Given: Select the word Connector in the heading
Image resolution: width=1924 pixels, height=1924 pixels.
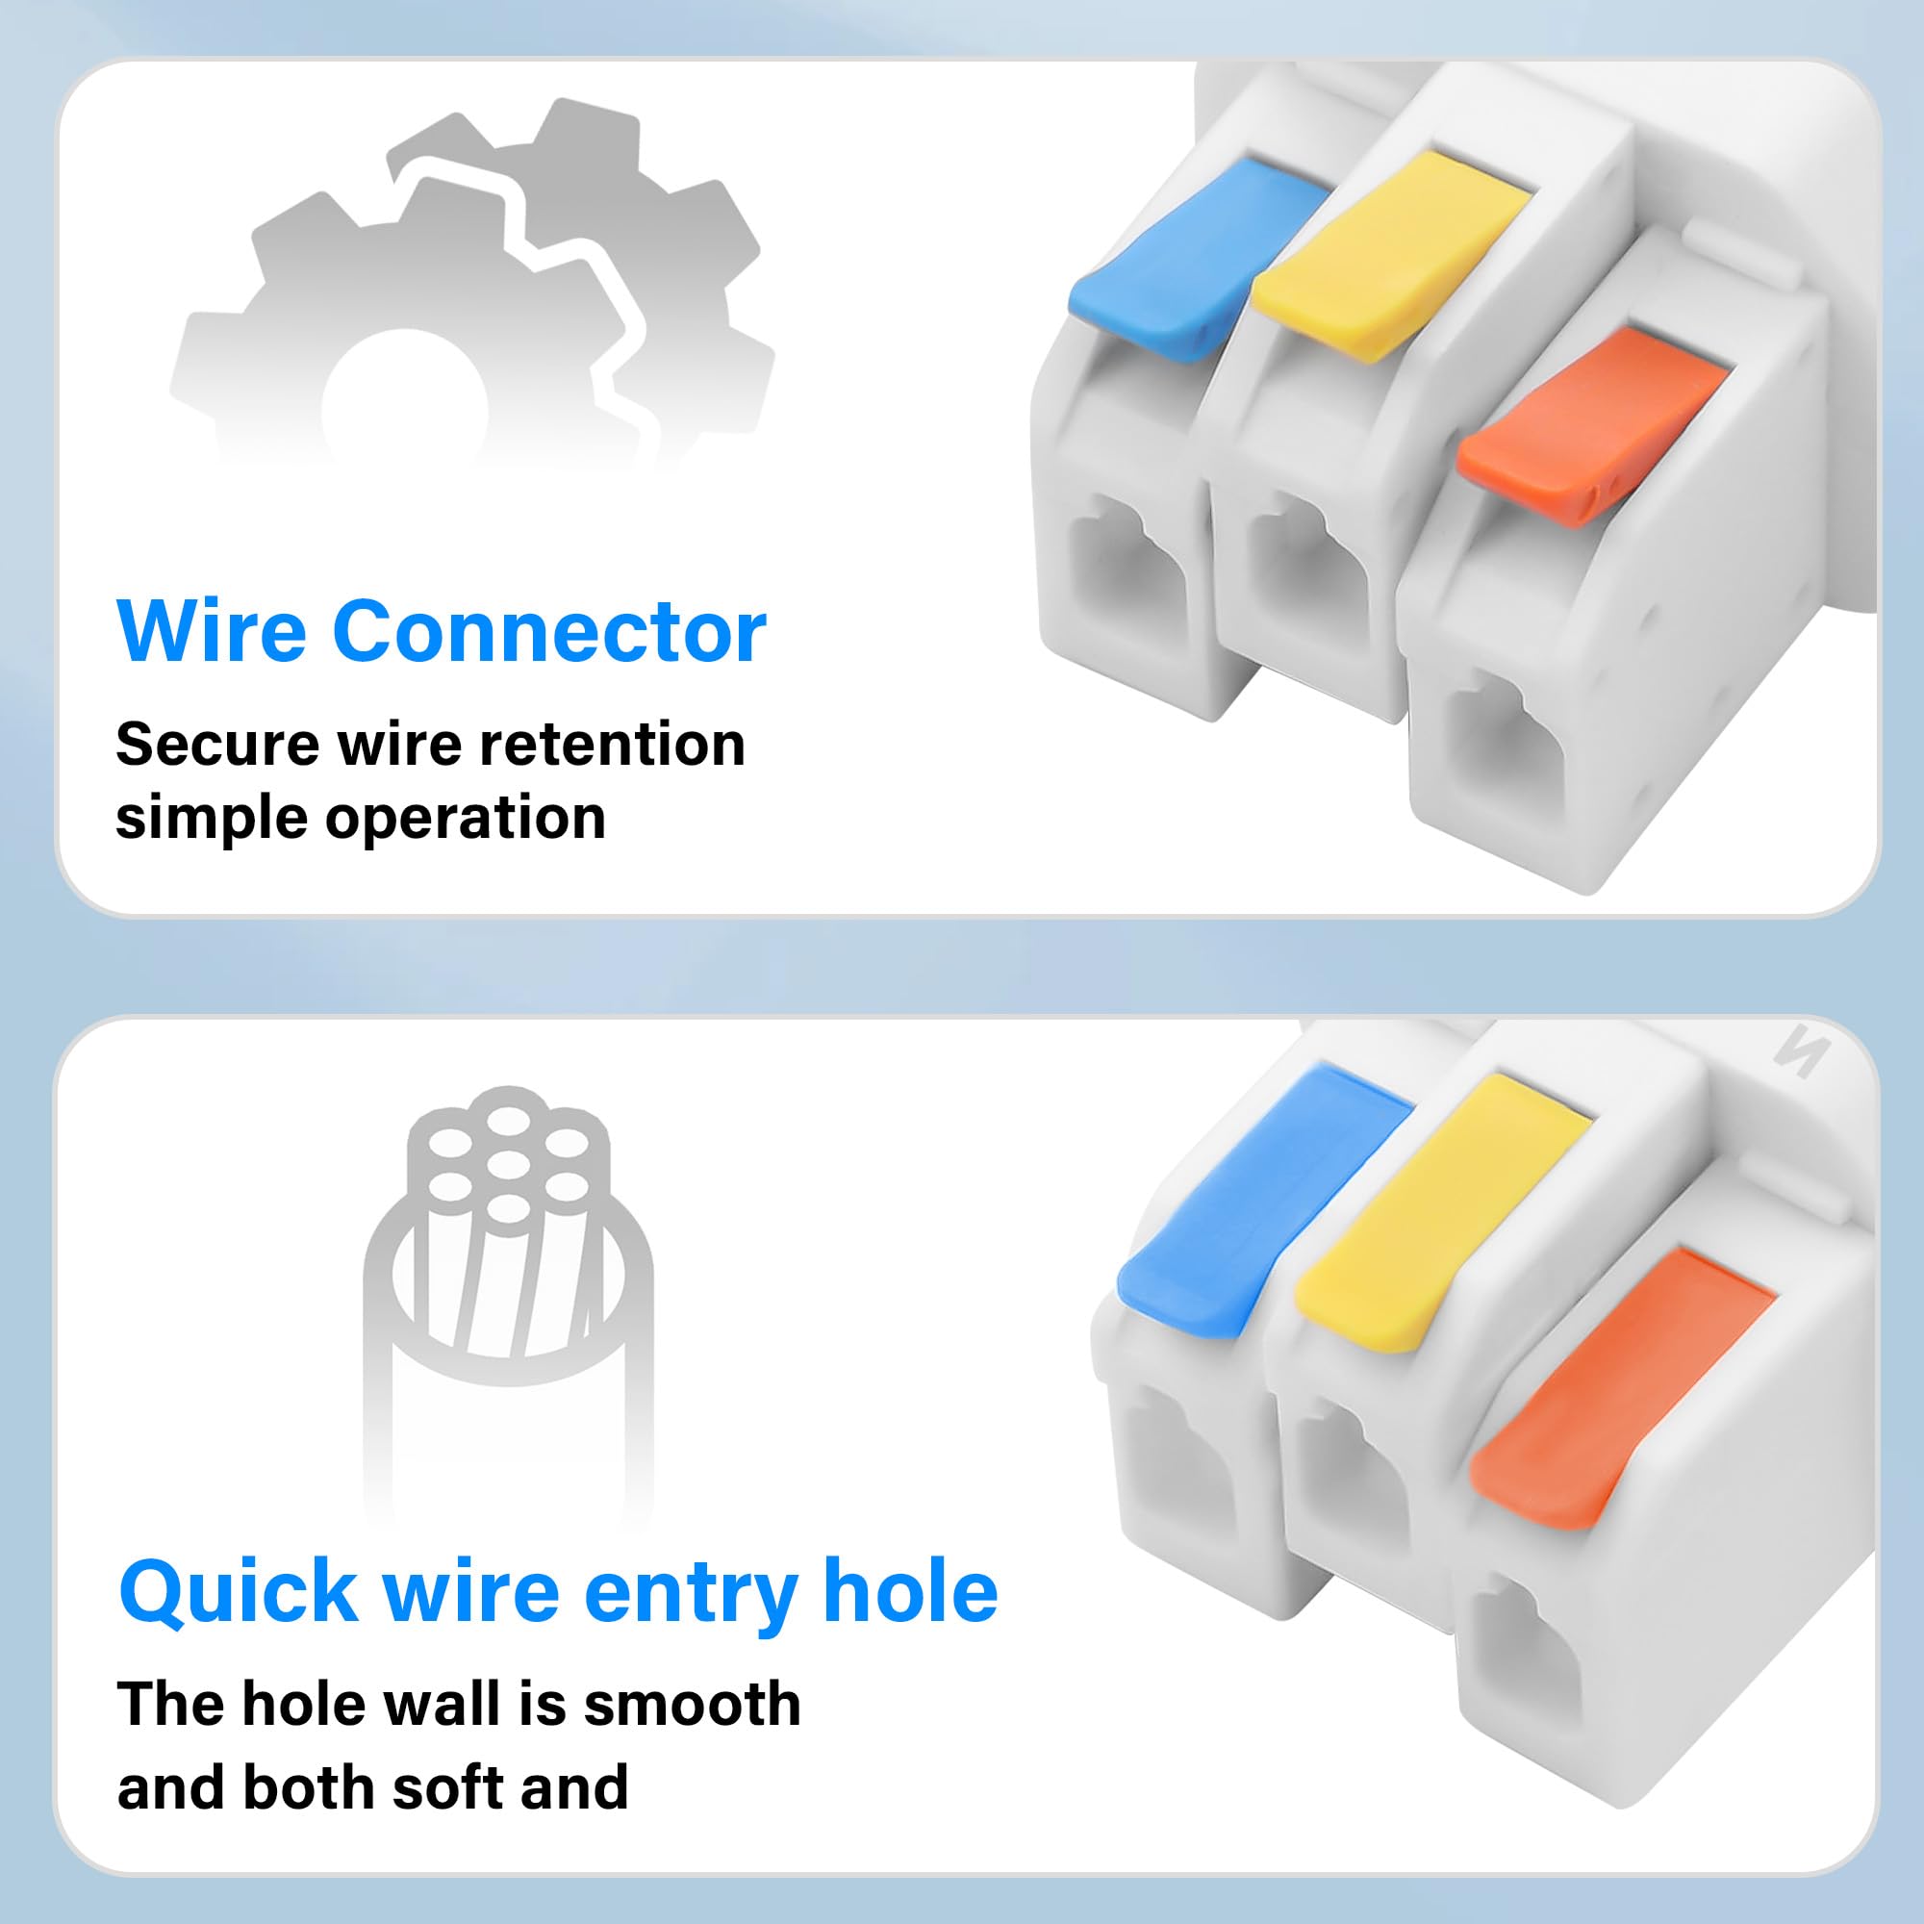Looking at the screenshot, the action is pyautogui.click(x=549, y=631).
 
